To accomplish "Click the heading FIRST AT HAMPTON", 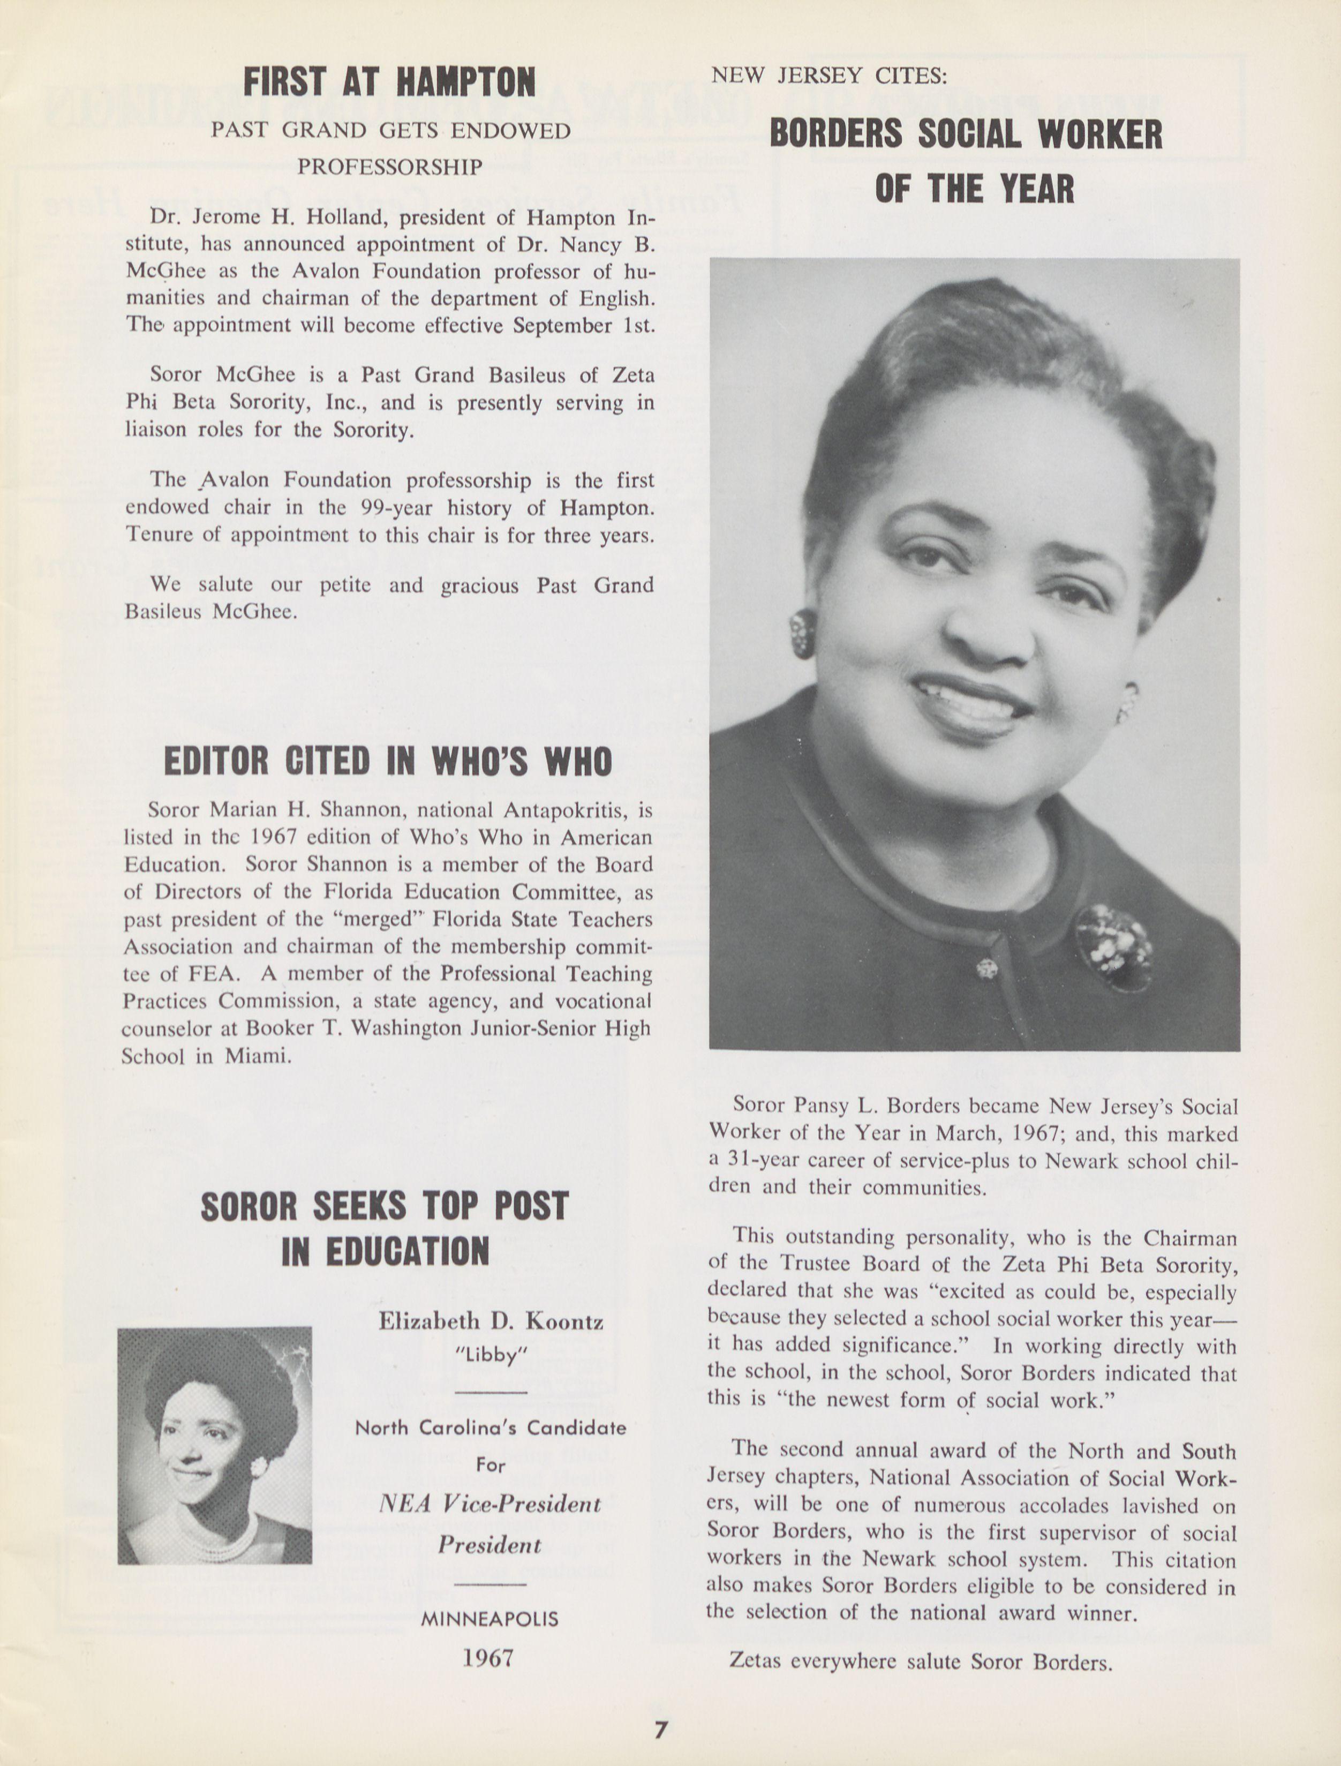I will [389, 82].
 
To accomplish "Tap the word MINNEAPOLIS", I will [489, 1618].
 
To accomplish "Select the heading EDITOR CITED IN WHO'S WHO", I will [388, 761].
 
